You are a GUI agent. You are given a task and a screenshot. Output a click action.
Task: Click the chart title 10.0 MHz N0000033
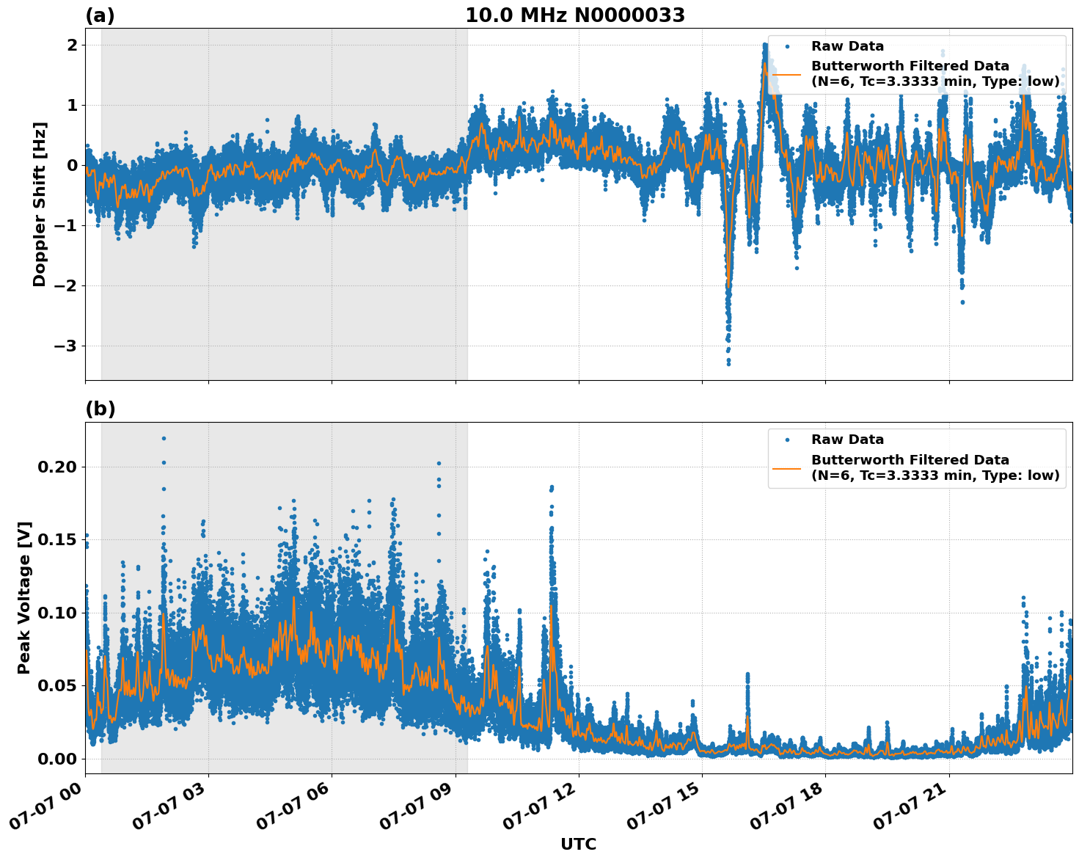pyautogui.click(x=575, y=15)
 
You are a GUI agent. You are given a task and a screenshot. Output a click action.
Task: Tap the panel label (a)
pyautogui.click(x=100, y=15)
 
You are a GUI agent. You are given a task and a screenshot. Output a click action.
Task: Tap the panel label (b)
pyautogui.click(x=100, y=409)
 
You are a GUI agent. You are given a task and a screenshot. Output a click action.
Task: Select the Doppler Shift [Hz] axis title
pyautogui.click(x=40, y=204)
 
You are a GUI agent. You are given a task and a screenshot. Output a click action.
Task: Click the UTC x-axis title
pyautogui.click(x=578, y=844)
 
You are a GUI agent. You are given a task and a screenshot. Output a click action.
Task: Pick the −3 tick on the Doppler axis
pyautogui.click(x=66, y=346)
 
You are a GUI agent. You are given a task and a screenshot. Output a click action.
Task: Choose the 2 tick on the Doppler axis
pyautogui.click(x=73, y=45)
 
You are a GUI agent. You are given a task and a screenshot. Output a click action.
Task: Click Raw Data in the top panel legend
pyautogui.click(x=847, y=46)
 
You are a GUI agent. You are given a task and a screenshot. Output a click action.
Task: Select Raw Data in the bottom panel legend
pyautogui.click(x=847, y=440)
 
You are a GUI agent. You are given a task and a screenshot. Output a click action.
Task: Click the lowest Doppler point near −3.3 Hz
pyautogui.click(x=728, y=363)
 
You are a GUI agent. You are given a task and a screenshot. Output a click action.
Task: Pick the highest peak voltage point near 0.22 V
pyautogui.click(x=164, y=438)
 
